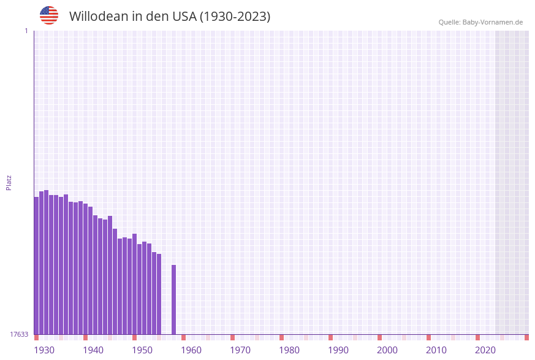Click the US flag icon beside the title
[x=49, y=15]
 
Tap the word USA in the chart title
[x=184, y=17]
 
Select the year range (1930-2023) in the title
[x=235, y=17]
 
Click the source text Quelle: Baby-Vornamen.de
[x=480, y=22]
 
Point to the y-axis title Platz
[x=9, y=182]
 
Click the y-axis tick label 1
[x=26, y=31]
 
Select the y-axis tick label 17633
[x=19, y=334]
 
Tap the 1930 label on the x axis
[x=44, y=350]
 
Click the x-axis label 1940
[x=93, y=350]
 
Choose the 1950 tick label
[x=142, y=350]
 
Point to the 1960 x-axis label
[x=191, y=350]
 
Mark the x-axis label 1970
[x=240, y=350]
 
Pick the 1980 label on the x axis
[x=289, y=350]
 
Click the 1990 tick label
[x=338, y=350]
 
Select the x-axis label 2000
[x=387, y=350]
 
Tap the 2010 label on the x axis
[x=436, y=350]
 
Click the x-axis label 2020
[x=485, y=350]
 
